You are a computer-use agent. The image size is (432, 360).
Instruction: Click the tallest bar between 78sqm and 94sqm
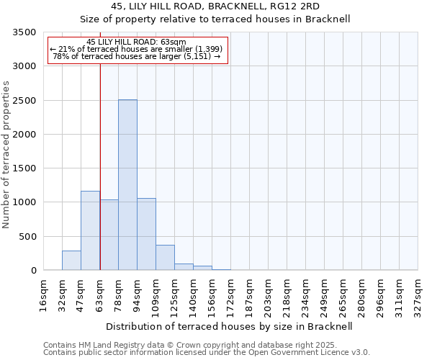pos(127,185)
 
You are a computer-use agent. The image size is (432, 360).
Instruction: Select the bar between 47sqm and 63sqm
pos(90,230)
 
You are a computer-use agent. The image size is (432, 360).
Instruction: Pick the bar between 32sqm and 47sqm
pos(71,261)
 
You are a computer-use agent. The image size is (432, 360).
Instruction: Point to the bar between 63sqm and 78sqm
pos(109,235)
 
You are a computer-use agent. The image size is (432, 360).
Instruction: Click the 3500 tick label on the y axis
pos(24,32)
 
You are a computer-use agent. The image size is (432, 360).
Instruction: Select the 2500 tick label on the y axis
pos(24,101)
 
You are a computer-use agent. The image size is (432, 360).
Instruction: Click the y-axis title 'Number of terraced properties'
pos(6,155)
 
